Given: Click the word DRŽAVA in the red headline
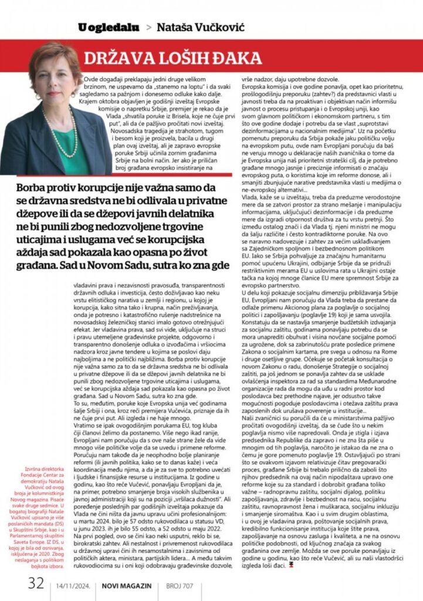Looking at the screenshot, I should [117, 58].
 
